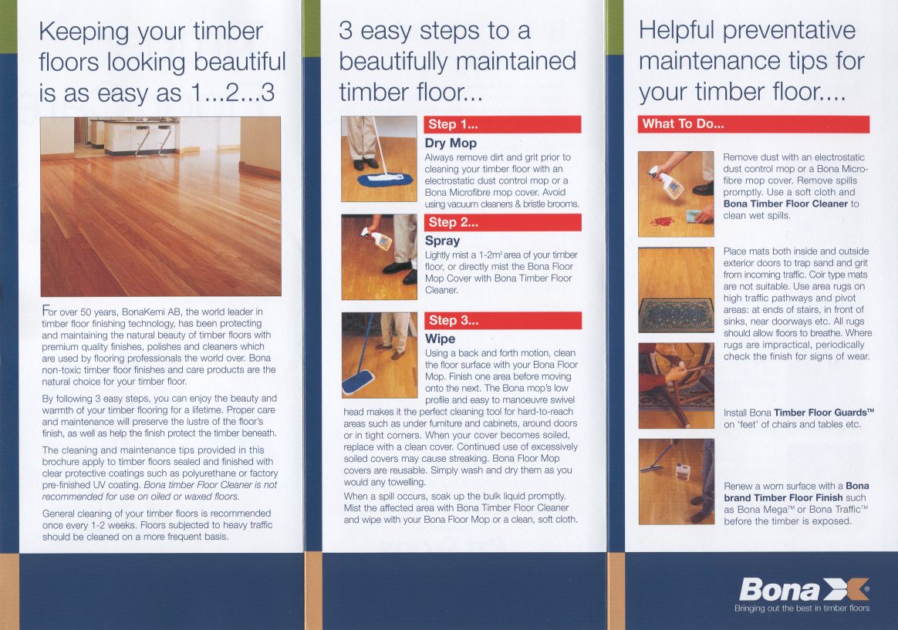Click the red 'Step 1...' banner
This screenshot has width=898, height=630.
pos(502,124)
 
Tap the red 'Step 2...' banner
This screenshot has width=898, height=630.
pos(502,222)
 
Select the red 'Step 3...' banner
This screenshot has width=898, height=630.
pos(502,321)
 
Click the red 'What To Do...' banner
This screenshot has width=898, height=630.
pos(754,124)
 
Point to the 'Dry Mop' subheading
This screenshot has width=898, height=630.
pos(451,143)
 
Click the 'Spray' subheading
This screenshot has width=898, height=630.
pos(442,241)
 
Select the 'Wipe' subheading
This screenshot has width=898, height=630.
pos(440,339)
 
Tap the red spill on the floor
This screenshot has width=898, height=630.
pos(663,221)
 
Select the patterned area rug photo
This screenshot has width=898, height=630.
pos(677,290)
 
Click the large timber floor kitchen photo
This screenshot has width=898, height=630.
pos(161,207)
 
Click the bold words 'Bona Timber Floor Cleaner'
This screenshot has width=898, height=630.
pos(785,204)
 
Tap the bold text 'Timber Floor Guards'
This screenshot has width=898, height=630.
pos(823,413)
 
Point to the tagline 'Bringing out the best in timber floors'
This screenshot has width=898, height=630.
pos(802,608)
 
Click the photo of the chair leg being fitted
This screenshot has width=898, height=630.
pos(677,386)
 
